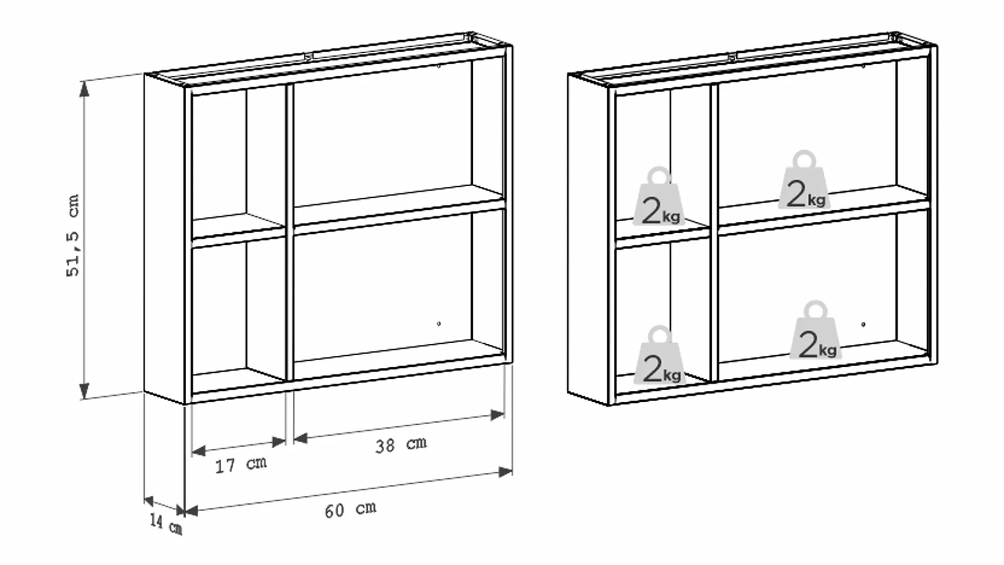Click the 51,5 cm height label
click(73, 235)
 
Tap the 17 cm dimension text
click(241, 465)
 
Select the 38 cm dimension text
click(401, 445)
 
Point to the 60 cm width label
click(350, 510)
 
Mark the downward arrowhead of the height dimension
click(84, 391)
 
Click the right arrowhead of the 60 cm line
click(505, 472)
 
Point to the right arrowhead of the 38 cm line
click(497, 415)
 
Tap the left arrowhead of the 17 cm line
click(199, 450)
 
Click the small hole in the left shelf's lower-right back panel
click(439, 324)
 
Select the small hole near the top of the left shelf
click(439, 66)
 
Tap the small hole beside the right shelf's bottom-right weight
click(863, 324)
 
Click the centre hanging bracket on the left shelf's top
click(309, 55)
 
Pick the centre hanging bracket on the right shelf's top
click(733, 55)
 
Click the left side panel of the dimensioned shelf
click(164, 238)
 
